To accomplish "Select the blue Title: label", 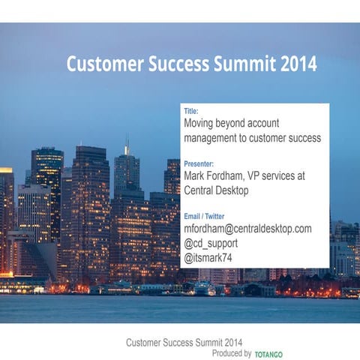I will click(x=191, y=111).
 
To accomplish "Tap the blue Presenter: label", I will click(x=199, y=163).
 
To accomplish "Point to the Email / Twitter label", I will click(x=204, y=216).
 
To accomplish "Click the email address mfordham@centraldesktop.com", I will click(x=247, y=229).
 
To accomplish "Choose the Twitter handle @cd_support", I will click(x=212, y=244).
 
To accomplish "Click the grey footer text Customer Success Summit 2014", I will click(x=184, y=343).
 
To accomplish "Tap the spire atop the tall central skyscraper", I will click(x=127, y=144).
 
